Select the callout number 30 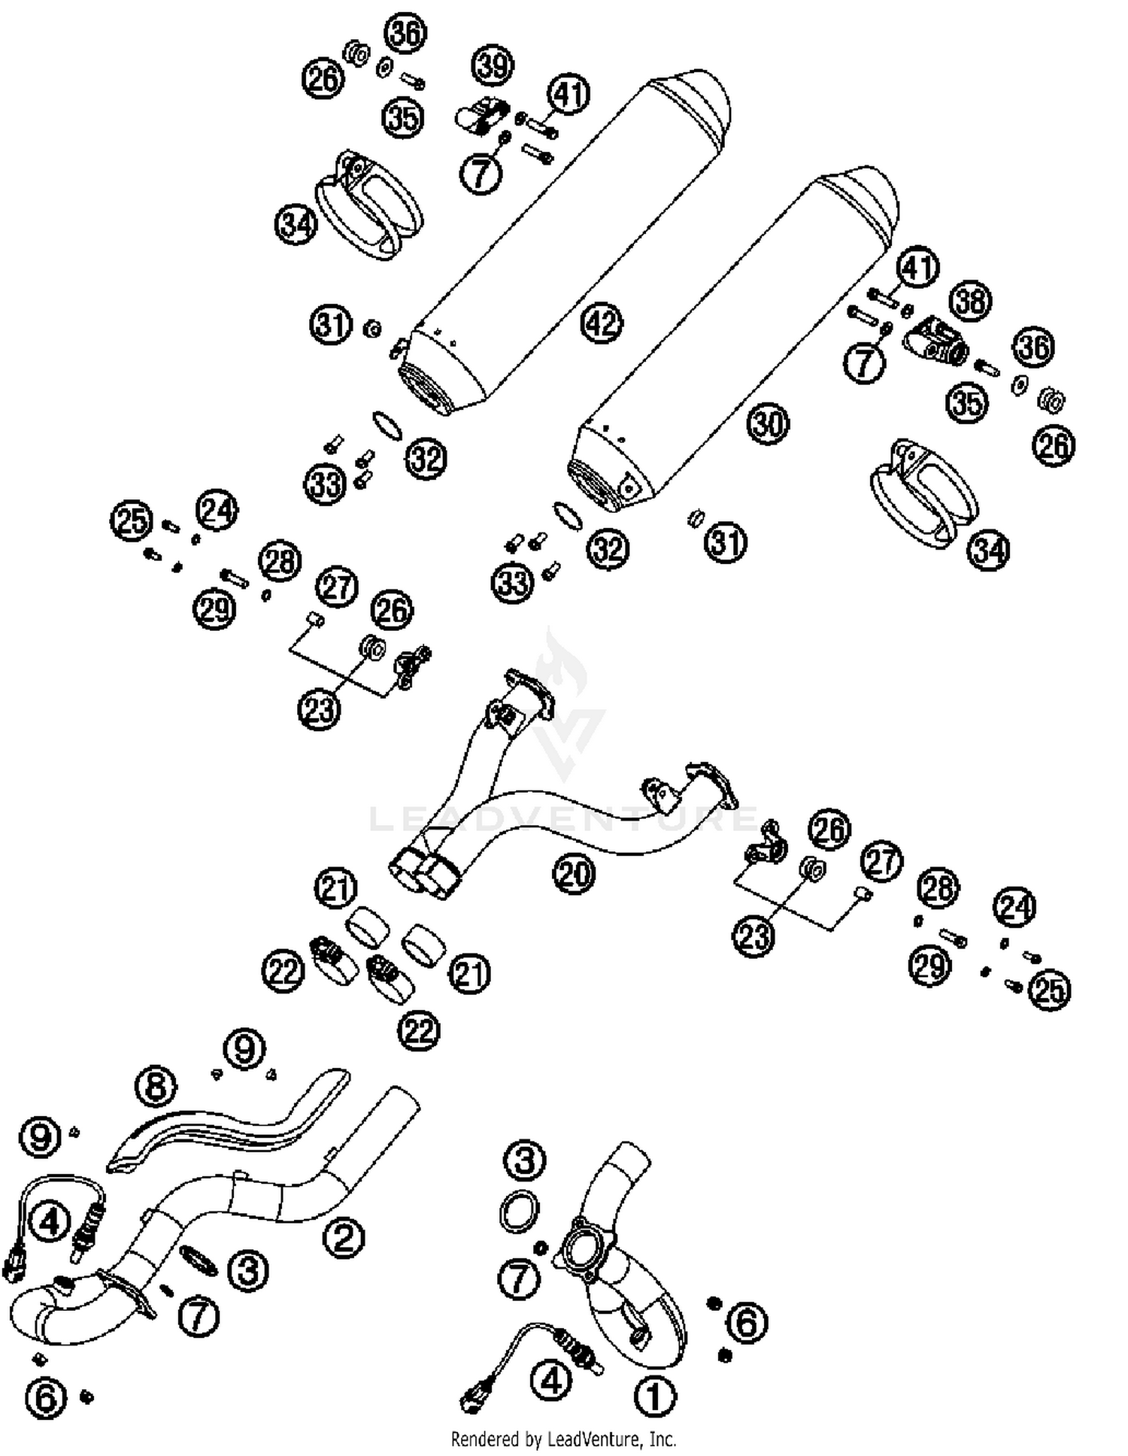click(x=768, y=423)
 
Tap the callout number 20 click(x=574, y=874)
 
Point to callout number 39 click(x=493, y=65)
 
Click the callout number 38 click(x=970, y=301)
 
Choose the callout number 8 click(x=156, y=1087)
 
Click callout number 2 click(x=344, y=1237)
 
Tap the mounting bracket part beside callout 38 click(x=936, y=341)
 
